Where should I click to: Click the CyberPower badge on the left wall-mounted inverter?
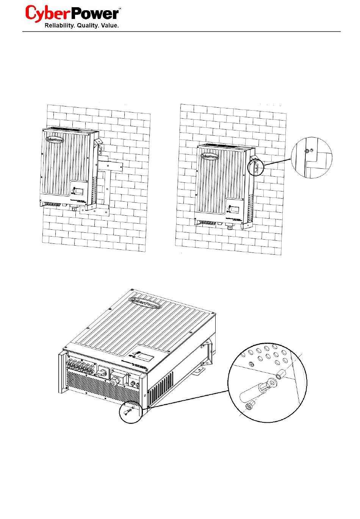[55, 139]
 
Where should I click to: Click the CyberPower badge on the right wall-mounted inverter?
[210, 155]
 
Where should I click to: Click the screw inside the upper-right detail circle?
[307, 151]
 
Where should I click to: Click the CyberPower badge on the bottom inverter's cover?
[145, 301]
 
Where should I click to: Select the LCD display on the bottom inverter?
[145, 357]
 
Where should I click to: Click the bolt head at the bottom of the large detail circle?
[249, 407]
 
